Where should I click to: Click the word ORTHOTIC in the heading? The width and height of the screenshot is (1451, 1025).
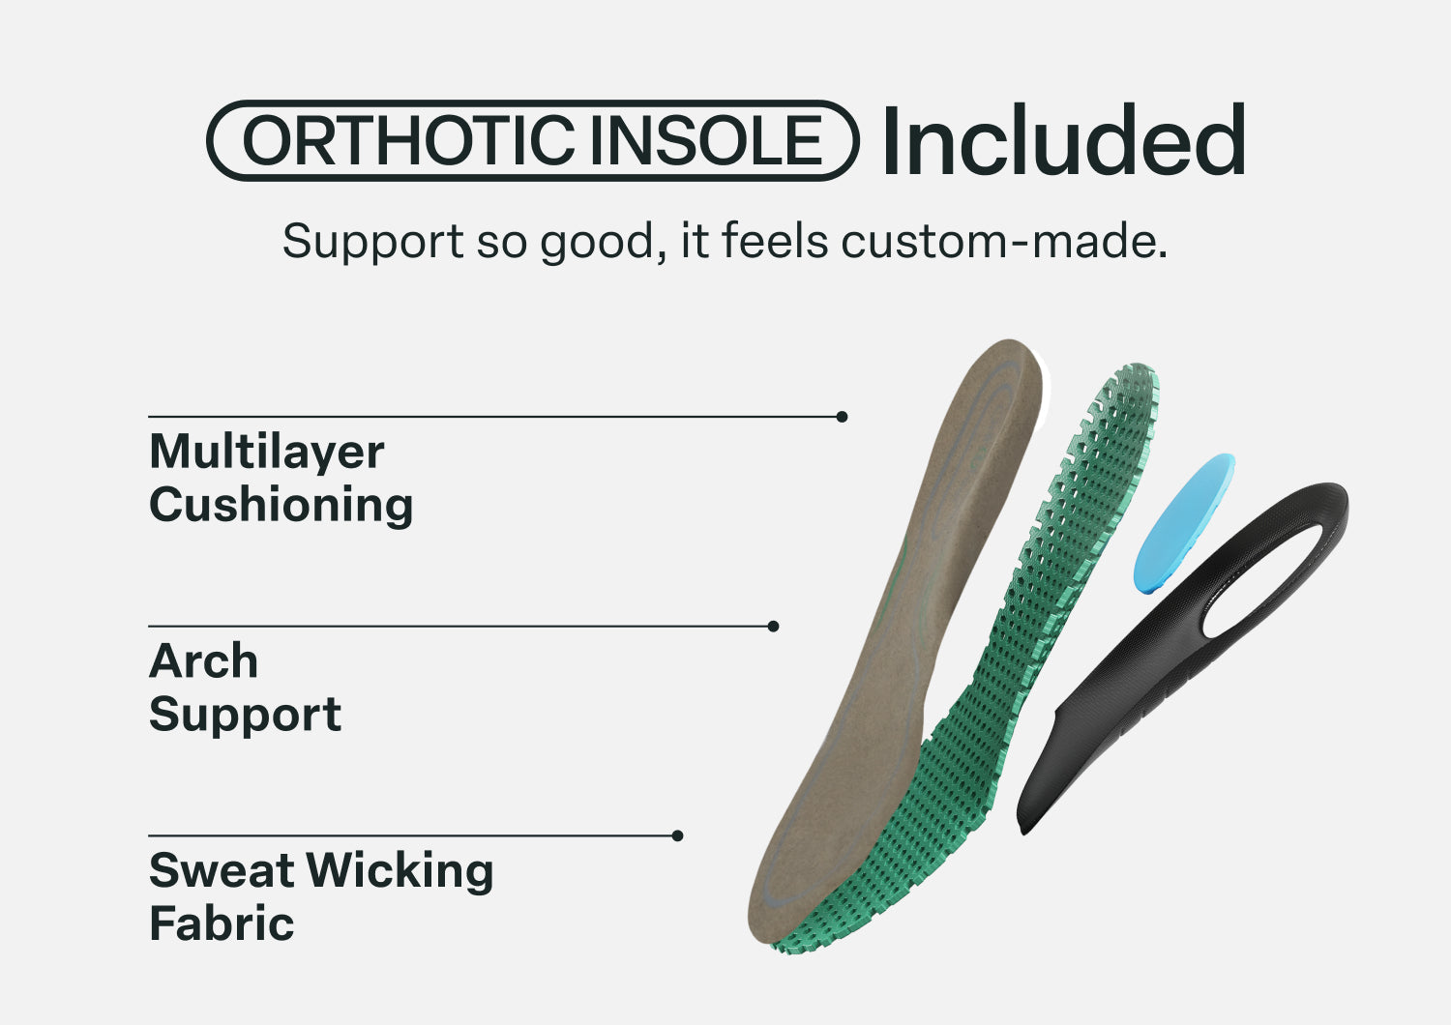[x=409, y=140]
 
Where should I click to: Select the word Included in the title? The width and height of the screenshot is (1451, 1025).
[x=1064, y=139]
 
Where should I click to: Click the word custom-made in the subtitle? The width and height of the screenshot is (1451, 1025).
[x=1004, y=241]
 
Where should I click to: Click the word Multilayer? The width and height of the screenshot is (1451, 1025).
[x=267, y=453]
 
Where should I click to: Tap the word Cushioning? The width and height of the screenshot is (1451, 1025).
[x=281, y=505]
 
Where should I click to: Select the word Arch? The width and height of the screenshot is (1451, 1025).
[x=203, y=661]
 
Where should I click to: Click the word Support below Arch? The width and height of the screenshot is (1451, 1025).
[x=246, y=716]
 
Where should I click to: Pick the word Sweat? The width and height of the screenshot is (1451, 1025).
[x=222, y=870]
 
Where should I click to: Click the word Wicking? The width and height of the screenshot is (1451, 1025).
[x=400, y=871]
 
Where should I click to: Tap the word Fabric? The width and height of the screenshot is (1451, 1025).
[x=222, y=923]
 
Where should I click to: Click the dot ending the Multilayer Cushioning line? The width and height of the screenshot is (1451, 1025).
[x=843, y=417]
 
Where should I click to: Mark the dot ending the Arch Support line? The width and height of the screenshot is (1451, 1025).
[x=773, y=627]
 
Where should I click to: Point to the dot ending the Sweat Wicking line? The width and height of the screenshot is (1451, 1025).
[x=677, y=835]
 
